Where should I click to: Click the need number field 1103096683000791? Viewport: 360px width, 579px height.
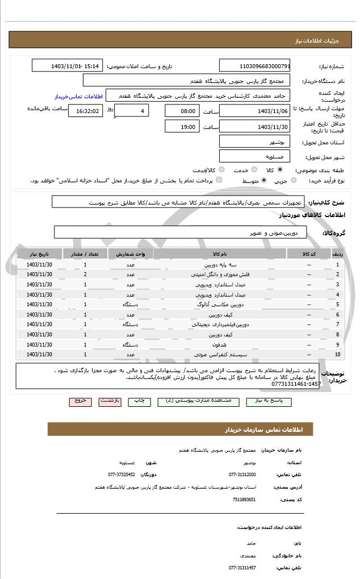tap(255, 66)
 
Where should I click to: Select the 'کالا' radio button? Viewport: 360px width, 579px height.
tap(280, 170)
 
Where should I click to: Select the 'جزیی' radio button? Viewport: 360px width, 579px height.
tap(294, 181)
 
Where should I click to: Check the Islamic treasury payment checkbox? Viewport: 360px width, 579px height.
tap(219, 181)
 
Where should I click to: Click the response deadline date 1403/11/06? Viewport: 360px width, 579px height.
tap(255, 111)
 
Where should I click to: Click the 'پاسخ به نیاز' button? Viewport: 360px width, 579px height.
tap(274, 401)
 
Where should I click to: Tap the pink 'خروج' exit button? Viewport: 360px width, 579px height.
tap(81, 401)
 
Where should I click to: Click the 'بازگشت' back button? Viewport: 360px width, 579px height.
tap(110, 401)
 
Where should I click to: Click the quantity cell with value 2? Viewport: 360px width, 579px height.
tap(85, 274)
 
